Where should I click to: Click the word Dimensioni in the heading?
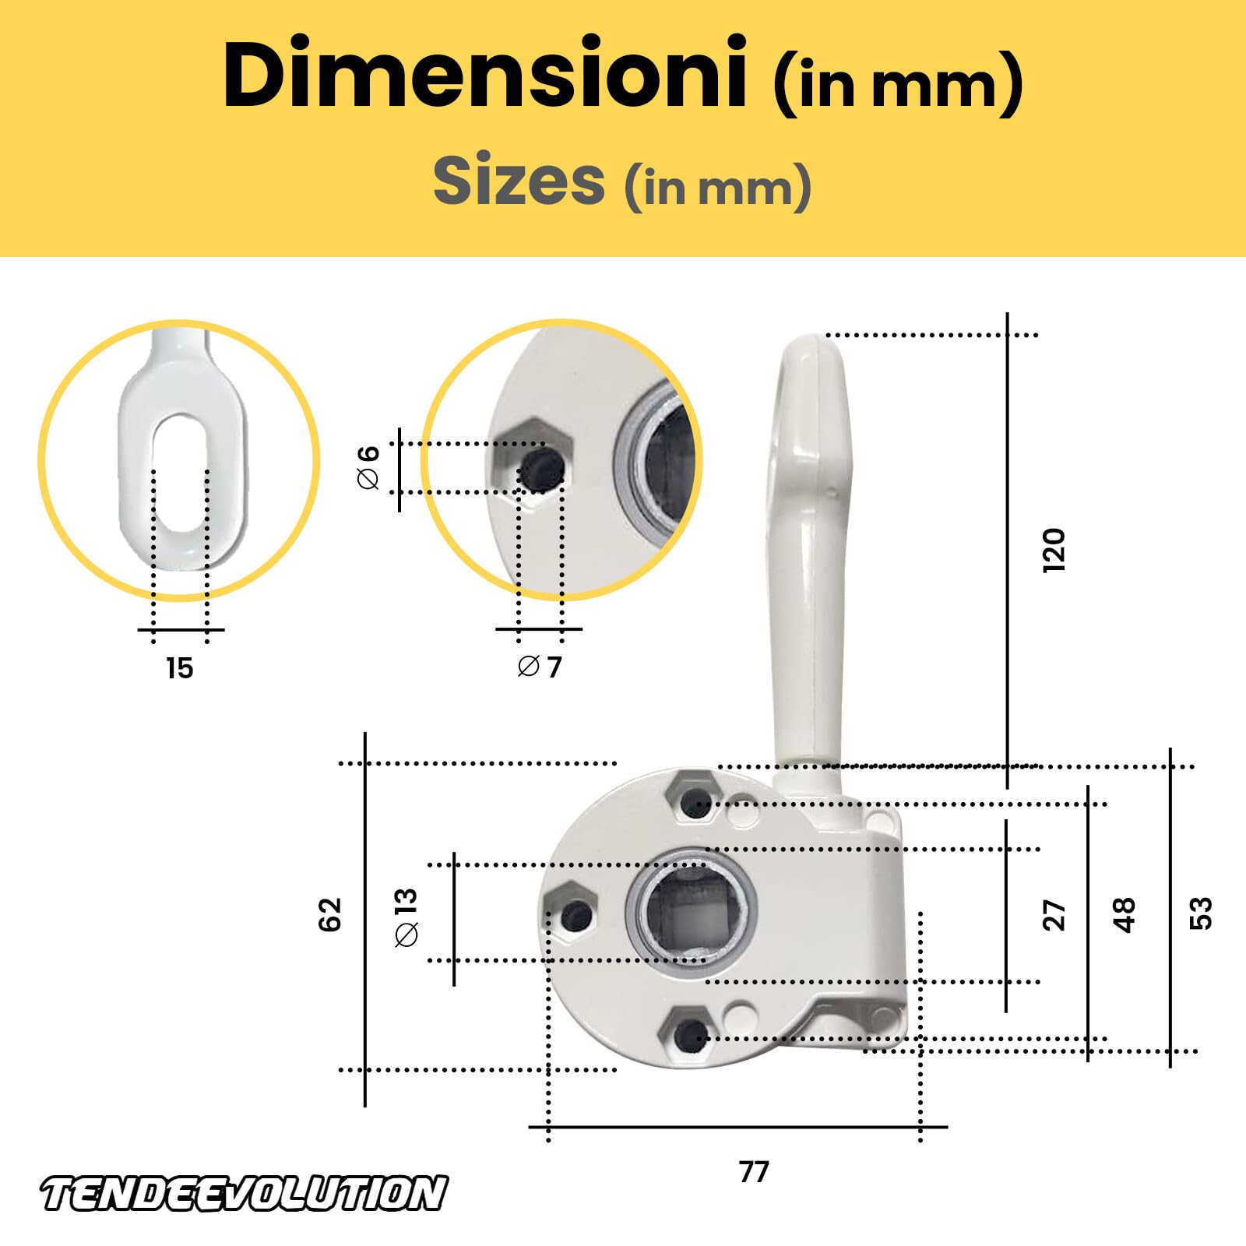pos(484,74)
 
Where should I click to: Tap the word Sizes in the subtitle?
pos(519,181)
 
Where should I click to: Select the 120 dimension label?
pos(1053,551)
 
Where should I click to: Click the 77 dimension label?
pos(754,1171)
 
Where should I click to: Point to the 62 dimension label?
pos(330,914)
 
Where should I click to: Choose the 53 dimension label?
pos(1201,913)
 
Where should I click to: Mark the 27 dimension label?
pos(1054,915)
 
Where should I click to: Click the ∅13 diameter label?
pos(407,917)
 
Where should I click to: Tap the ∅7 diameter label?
pos(539,667)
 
